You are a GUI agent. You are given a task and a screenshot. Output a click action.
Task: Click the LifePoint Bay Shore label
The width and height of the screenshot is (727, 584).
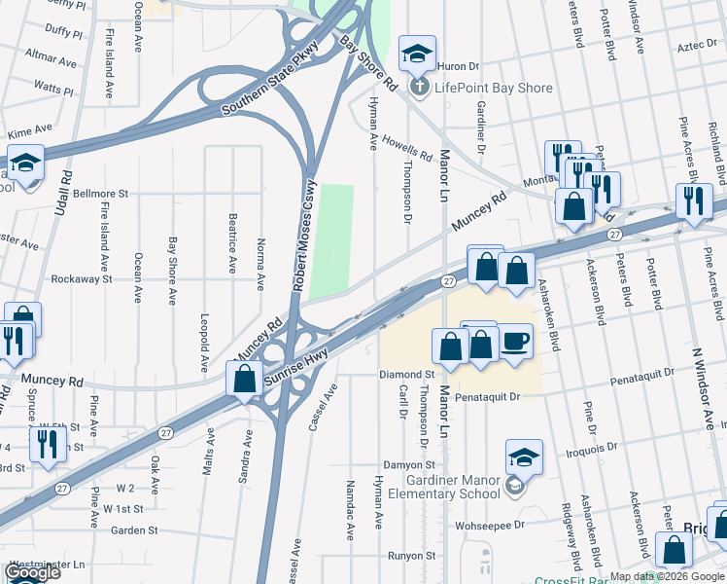coord(493,88)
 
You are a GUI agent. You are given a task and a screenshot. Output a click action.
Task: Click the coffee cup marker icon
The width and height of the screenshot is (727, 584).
coord(515,342)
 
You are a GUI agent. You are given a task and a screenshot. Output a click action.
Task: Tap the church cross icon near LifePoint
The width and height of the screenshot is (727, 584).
coord(419,88)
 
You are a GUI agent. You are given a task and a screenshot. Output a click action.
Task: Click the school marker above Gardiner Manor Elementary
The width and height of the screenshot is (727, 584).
coord(523,456)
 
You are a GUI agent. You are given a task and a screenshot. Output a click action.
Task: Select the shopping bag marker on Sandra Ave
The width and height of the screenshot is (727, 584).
coord(244,379)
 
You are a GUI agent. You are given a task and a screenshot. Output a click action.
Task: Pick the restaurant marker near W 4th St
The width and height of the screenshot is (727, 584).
coord(45,443)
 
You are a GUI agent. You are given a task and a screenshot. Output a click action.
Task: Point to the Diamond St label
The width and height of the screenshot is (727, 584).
coord(406,374)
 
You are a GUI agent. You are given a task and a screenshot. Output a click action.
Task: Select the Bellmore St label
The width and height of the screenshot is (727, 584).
coord(100,194)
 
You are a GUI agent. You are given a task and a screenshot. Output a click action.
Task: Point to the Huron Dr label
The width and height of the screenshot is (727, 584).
coord(459,66)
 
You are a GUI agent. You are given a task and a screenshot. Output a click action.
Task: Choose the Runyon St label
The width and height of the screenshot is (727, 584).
coord(411,556)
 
